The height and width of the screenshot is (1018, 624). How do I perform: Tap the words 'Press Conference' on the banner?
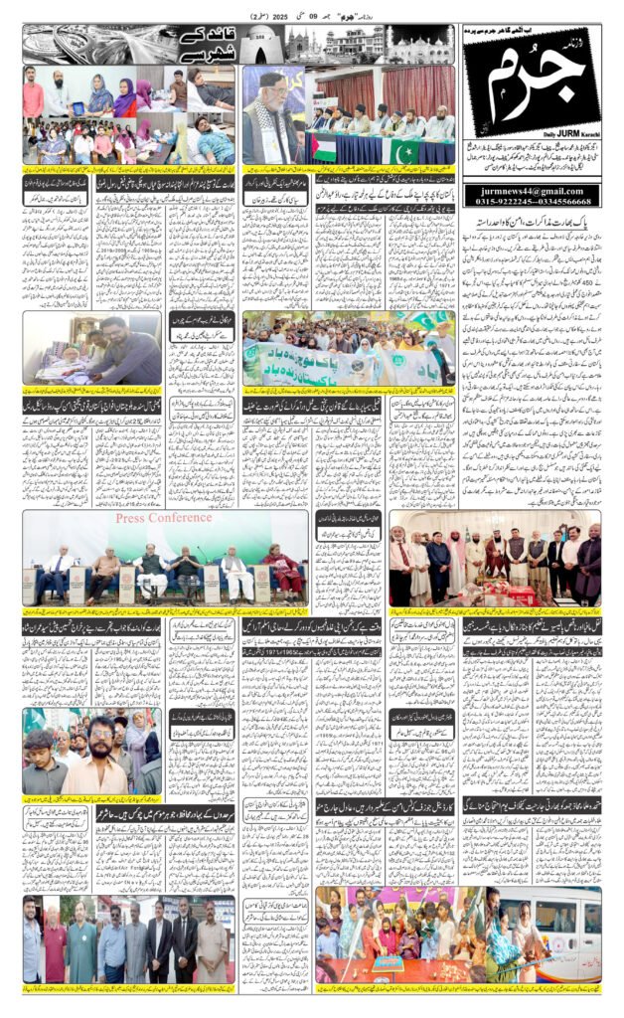164,518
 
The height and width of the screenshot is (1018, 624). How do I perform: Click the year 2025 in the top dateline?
272,17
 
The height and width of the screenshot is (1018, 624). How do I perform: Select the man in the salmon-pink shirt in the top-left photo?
34,97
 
